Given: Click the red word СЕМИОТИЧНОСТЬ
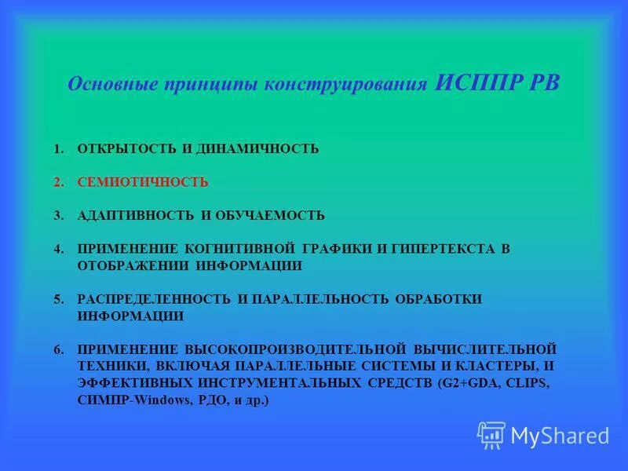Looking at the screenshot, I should pyautogui.click(x=142, y=182).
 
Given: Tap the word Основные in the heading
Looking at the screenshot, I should pyautogui.click(x=108, y=85).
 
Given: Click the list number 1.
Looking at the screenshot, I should pyautogui.click(x=58, y=149).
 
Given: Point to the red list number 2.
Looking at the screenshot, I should pyautogui.click(x=58, y=182).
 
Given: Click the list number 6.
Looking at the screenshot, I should pyautogui.click(x=58, y=348).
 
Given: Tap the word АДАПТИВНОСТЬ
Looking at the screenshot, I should pyautogui.click(x=133, y=215).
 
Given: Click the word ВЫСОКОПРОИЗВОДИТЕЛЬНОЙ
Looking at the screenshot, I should pyautogui.click(x=295, y=348).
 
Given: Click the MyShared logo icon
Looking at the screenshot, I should pyautogui.click(x=491, y=434).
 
